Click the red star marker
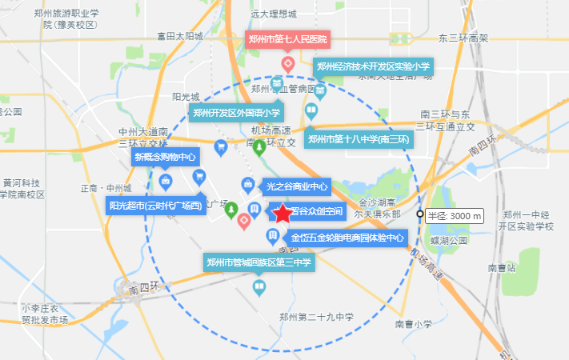(282, 214)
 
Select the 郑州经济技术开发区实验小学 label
(373, 67)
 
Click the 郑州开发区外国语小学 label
(234, 113)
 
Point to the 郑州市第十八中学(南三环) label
(359, 139)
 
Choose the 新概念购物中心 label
(165, 157)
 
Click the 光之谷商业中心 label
(297, 186)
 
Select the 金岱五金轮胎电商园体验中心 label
(347, 238)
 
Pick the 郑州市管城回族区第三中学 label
(258, 262)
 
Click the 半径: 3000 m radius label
(454, 215)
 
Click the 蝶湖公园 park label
(447, 240)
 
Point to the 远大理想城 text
(273, 14)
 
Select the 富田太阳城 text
(180, 36)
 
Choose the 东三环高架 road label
(463, 38)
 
